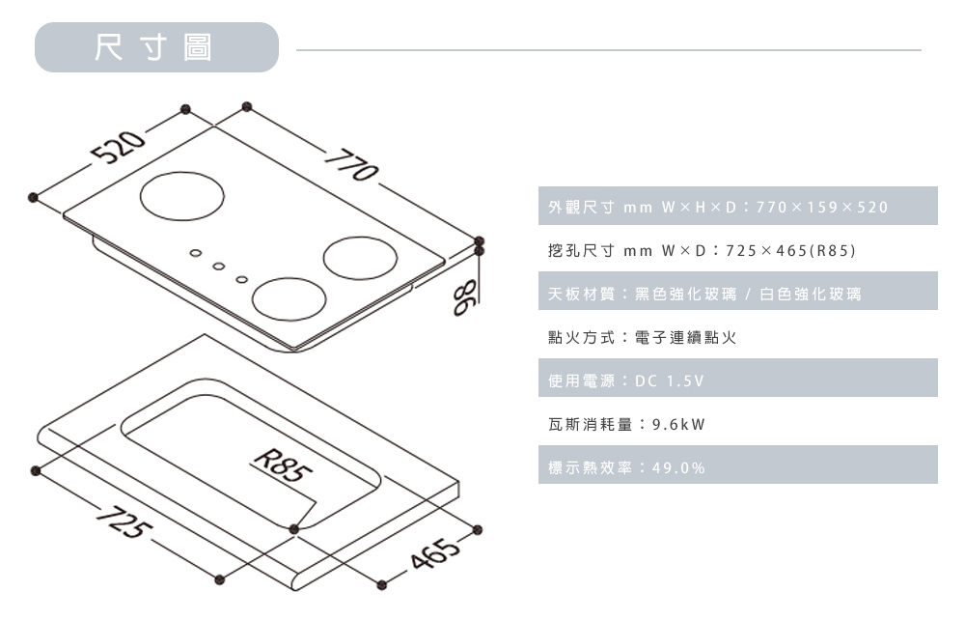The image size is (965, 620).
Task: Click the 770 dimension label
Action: point(349,165)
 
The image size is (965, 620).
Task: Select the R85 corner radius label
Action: point(280,469)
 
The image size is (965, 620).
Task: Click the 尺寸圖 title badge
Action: point(156,47)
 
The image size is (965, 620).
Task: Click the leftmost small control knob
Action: point(195,256)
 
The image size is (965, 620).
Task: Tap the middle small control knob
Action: point(219,268)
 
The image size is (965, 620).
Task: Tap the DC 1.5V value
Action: point(670,381)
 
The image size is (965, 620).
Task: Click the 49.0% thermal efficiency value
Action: point(679,468)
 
